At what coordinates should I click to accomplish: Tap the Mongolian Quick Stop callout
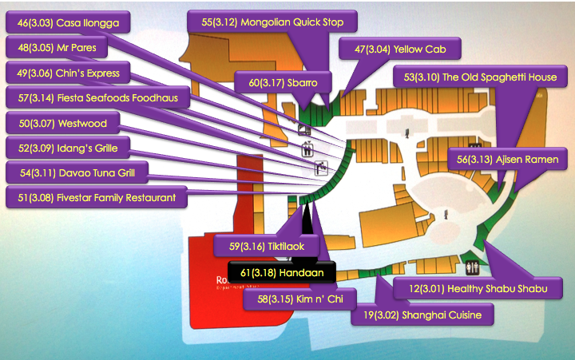(272, 22)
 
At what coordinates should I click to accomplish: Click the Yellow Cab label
(400, 49)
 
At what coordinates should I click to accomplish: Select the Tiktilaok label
(267, 245)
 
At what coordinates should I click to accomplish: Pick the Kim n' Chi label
(289, 299)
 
